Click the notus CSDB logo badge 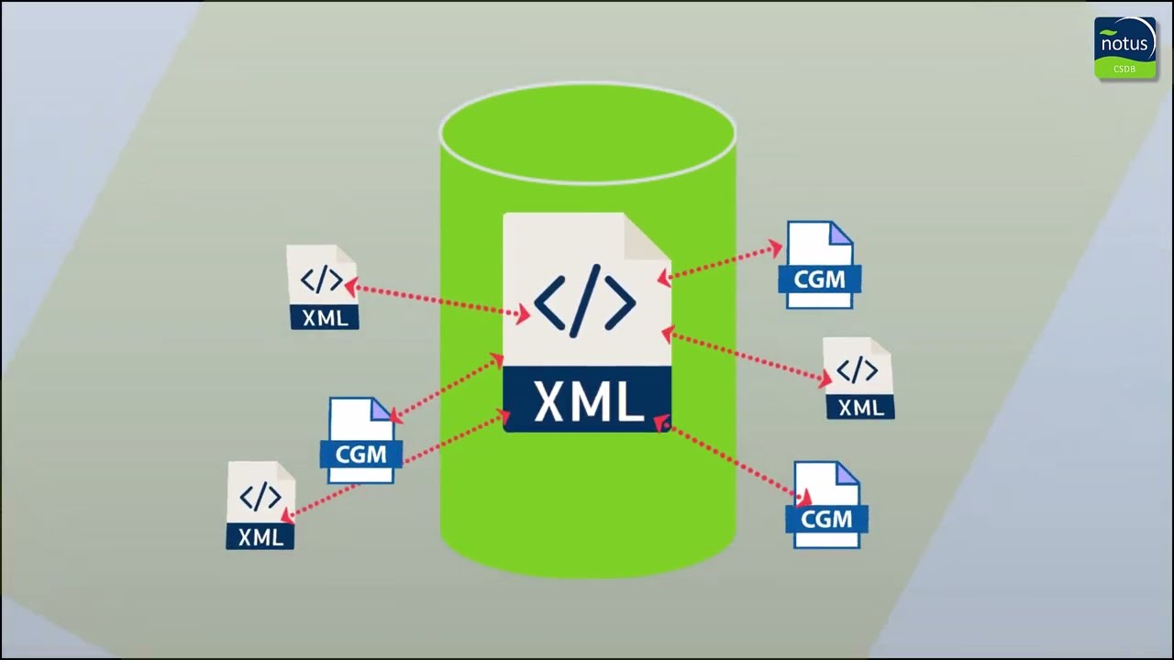1124,48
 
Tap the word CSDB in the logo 1124,69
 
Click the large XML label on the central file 587,401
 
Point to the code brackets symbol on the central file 585,300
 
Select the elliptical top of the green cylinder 587,133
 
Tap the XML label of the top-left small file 325,318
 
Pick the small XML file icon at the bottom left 260,505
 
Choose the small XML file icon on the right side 858,379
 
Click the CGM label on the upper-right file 820,279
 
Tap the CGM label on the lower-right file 826,520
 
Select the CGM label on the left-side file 361,454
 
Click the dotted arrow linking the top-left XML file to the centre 437,302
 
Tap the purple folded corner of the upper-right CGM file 840,235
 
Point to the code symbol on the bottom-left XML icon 260,497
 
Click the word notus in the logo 1124,43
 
